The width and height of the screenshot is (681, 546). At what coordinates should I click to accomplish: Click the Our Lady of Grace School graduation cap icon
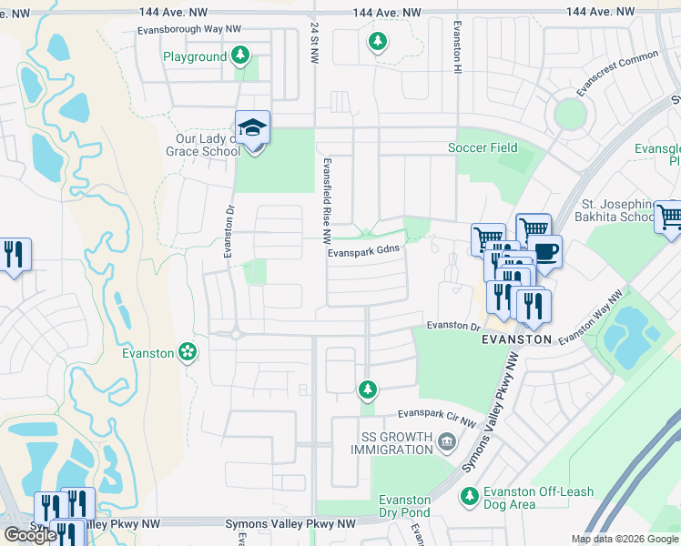click(x=253, y=129)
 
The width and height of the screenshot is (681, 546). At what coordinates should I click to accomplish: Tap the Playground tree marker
click(x=240, y=56)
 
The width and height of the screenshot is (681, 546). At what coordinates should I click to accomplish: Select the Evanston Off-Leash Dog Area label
click(x=537, y=499)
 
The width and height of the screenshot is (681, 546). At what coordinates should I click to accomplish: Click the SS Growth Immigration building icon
click(x=447, y=443)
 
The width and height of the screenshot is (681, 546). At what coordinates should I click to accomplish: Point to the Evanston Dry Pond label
click(x=404, y=506)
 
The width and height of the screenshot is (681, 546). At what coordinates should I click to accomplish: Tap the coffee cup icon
click(x=545, y=251)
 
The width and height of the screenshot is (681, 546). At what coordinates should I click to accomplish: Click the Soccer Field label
click(x=483, y=147)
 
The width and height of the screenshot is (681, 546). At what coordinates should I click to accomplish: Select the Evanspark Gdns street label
click(x=364, y=254)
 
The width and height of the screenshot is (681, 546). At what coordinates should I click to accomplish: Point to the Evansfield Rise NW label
click(x=325, y=200)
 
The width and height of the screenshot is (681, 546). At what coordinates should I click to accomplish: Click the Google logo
click(x=30, y=535)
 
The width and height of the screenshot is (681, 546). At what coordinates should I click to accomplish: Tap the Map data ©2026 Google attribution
click(x=624, y=539)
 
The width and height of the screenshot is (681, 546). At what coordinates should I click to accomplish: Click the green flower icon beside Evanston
click(x=188, y=352)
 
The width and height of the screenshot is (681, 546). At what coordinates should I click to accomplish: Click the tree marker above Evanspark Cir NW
click(x=367, y=389)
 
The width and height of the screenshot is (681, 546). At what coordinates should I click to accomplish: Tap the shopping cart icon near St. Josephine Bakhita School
click(x=669, y=217)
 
